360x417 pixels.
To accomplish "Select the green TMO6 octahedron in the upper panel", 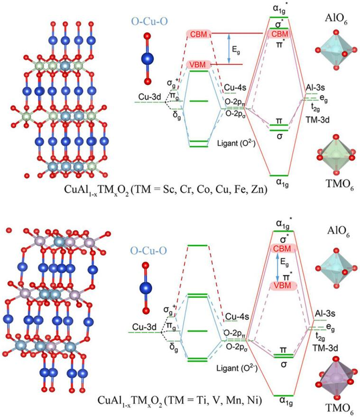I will click(x=334, y=155).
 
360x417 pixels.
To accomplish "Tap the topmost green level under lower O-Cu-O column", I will click(x=199, y=245).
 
